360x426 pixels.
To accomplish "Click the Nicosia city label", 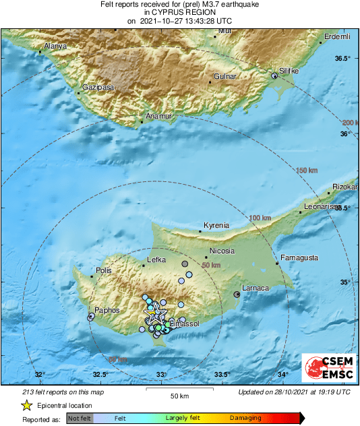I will pyautogui.click(x=222, y=251).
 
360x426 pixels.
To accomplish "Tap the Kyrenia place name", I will pyautogui.click(x=216, y=225).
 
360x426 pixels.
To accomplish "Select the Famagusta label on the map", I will pyautogui.click(x=298, y=257).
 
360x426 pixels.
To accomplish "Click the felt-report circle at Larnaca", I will pyautogui.click(x=237, y=294).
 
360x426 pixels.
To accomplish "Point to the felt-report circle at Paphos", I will pyautogui.click(x=91, y=316).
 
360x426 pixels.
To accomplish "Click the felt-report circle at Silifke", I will pyautogui.click(x=274, y=77).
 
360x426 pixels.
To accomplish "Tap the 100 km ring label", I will pyautogui.click(x=260, y=218).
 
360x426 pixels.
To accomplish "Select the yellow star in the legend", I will pyautogui.click(x=26, y=405).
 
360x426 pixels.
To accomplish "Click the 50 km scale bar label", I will pyautogui.click(x=178, y=395).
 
